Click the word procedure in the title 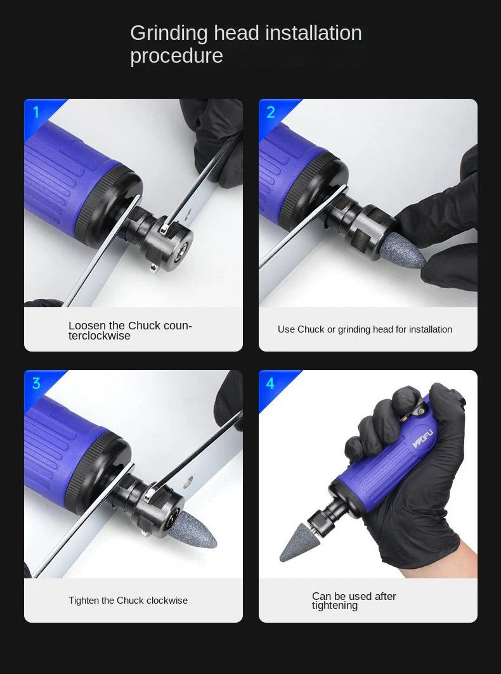coord(176,56)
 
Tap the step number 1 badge coord(36,112)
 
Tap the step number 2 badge coord(271,112)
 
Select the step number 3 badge coord(36,383)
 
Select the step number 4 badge coord(270,383)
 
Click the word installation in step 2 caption coord(431,329)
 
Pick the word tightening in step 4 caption coord(335,606)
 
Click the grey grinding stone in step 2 coord(403,250)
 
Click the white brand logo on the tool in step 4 coord(422,440)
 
